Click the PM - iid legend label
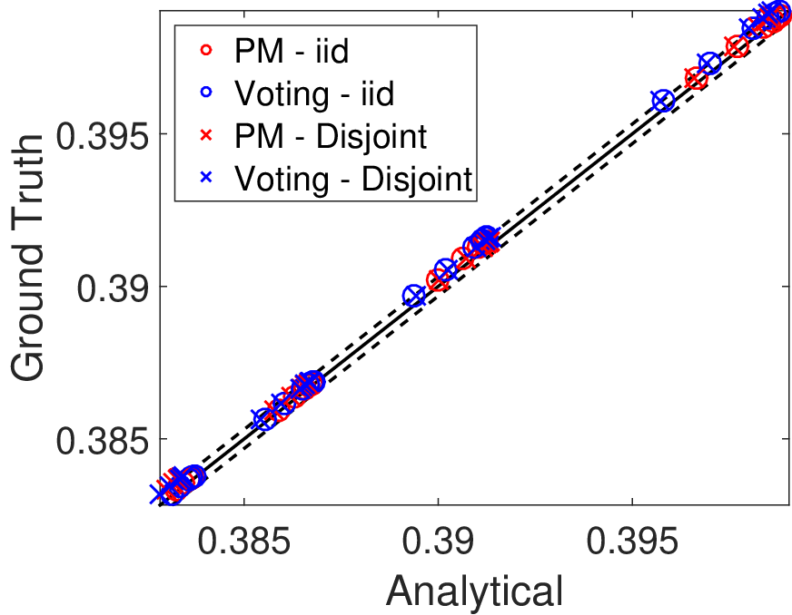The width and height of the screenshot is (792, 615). [292, 51]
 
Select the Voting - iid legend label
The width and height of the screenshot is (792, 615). [314, 93]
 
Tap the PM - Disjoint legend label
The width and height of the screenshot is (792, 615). [331, 136]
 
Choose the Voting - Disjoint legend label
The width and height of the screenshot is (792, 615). [353, 179]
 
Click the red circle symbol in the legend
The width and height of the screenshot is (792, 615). [206, 50]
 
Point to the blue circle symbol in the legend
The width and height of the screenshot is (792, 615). [206, 93]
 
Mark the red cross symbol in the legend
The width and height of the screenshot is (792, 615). [206, 135]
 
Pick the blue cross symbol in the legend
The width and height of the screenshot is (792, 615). [206, 177]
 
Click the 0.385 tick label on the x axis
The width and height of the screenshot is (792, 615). [244, 542]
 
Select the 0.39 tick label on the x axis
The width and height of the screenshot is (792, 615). [438, 542]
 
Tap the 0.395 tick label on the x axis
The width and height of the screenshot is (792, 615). [632, 542]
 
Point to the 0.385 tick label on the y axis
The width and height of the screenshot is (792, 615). [103, 441]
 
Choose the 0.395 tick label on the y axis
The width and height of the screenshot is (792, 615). [103, 135]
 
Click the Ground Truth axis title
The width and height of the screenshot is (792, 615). [28, 258]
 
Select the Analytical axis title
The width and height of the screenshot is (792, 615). [475, 591]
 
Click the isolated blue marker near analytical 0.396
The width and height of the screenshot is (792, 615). [663, 101]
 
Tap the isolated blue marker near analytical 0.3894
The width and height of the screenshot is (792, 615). [414, 296]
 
